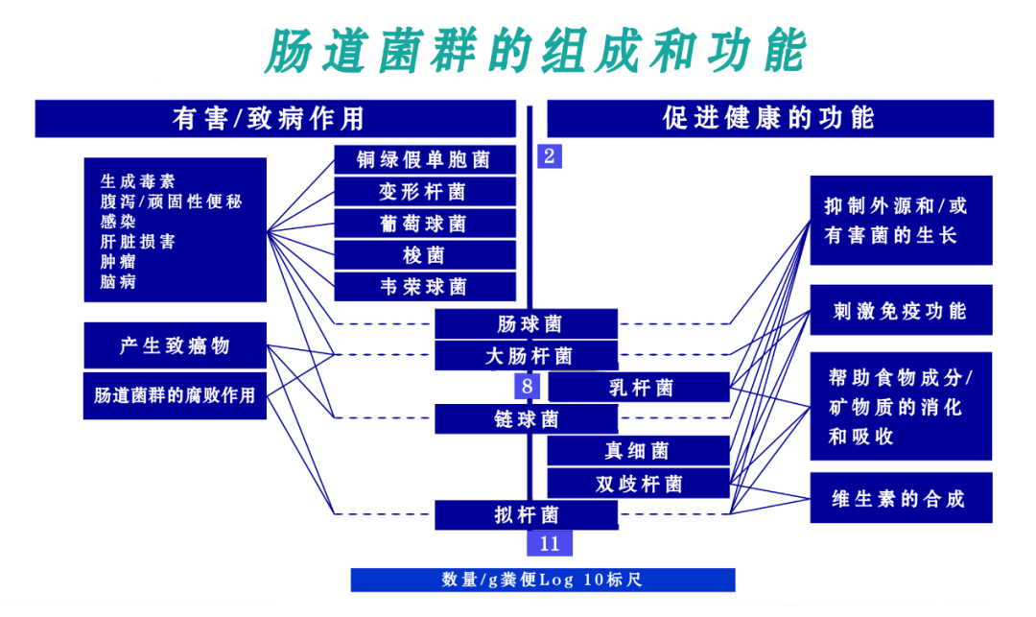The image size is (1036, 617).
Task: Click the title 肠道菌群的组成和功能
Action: pos(534,51)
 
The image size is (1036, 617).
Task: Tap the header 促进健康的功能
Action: pos(769,118)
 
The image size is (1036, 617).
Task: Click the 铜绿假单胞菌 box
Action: pos(425,159)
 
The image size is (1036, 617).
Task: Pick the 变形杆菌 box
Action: pos(425,191)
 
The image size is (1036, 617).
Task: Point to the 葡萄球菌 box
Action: pos(425,223)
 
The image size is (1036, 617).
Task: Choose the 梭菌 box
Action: pos(425,255)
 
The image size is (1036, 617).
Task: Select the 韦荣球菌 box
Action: pos(425,287)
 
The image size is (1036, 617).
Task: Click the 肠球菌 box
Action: pos(526,324)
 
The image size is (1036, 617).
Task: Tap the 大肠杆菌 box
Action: pos(526,356)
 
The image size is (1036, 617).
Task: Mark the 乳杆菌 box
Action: pos(639,388)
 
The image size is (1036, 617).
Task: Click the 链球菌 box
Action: pos(526,419)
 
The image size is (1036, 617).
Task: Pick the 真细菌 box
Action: pos(639,451)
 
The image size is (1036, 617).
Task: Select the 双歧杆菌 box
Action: pos(639,484)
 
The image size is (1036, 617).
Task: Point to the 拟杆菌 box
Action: pos(526,515)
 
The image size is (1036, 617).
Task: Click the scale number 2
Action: pos(549,156)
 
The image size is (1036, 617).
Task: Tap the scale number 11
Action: pos(549,543)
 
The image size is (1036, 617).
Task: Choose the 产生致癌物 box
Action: pos(175,345)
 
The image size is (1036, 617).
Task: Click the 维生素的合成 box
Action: pos(901,498)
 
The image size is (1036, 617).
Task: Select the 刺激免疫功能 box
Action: pos(901,310)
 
